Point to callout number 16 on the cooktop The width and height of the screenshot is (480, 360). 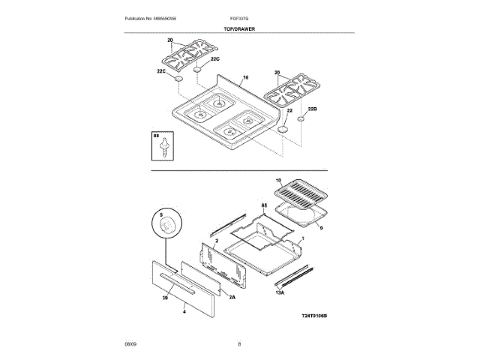[244, 77]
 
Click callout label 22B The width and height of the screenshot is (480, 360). [313, 109]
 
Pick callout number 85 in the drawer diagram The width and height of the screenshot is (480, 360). [264, 205]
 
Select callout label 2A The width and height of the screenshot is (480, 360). [232, 297]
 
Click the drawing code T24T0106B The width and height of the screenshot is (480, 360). [315, 316]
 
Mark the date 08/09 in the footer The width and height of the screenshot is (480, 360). [130, 343]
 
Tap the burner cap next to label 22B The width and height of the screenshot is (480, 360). [300, 118]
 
